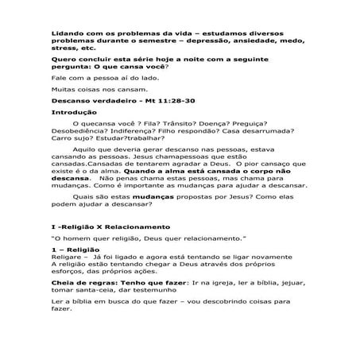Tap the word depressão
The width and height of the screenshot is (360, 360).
pos(212,40)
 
